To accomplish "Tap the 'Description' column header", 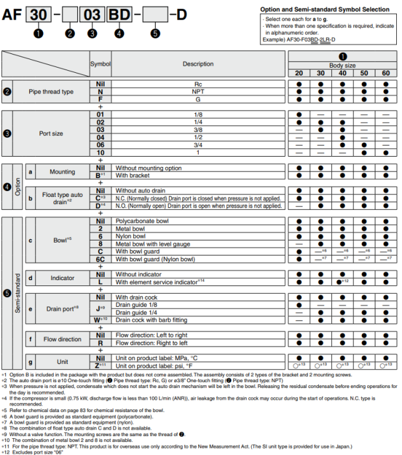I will pyautogui.click(x=198, y=64).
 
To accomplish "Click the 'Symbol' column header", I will pyautogui.click(x=100, y=64).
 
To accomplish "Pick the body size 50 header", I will pyautogui.click(x=364, y=73).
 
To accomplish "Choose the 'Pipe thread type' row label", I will pyautogui.click(x=51, y=92).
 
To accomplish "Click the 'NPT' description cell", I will pyautogui.click(x=198, y=92).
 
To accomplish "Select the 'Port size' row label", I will pyautogui.click(x=51, y=133).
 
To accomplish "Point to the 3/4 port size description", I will pyautogui.click(x=198, y=145).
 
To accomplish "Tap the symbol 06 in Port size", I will pyautogui.click(x=100, y=145).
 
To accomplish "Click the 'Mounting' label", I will pyautogui.click(x=62, y=172).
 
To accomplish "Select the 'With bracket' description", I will pyautogui.click(x=134, y=175).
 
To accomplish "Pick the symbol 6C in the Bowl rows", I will pyautogui.click(x=100, y=259).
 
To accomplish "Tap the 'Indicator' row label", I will pyautogui.click(x=62, y=278).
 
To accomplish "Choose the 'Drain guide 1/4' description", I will pyautogui.click(x=138, y=313).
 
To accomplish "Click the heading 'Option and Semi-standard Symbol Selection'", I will pyautogui.click(x=325, y=10).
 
